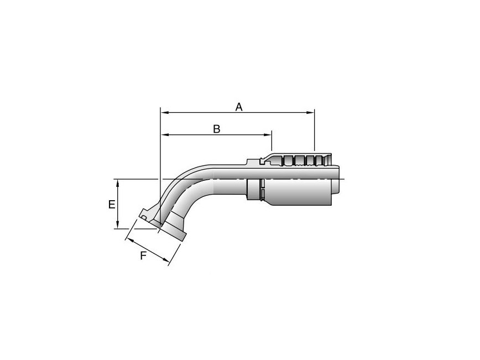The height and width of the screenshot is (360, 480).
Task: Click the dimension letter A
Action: click(x=239, y=107)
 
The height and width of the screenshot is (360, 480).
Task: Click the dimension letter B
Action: click(x=217, y=129)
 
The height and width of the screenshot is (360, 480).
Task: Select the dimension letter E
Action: click(x=112, y=204)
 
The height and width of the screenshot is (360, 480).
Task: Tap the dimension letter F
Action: click(x=143, y=255)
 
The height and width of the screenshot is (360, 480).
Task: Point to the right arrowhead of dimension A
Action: click(x=310, y=113)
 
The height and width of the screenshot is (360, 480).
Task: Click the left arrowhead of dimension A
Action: click(x=165, y=113)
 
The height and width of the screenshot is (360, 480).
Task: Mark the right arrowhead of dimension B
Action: click(x=268, y=134)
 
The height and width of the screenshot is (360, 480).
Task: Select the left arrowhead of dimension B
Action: click(x=165, y=134)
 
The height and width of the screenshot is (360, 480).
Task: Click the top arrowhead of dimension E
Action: click(x=118, y=184)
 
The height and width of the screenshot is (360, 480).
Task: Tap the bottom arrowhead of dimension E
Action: click(x=118, y=225)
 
